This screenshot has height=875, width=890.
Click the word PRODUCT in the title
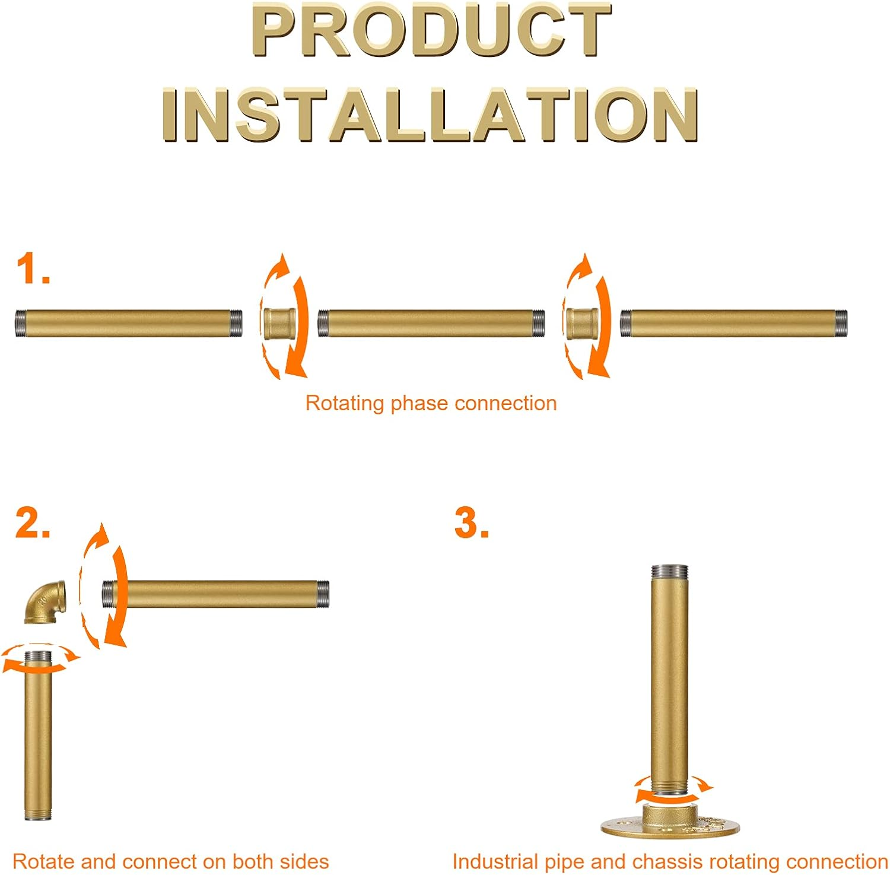tap(431, 31)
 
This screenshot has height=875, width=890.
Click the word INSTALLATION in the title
tap(430, 115)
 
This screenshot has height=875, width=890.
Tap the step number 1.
tap(32, 268)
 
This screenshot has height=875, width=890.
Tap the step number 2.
tap(32, 524)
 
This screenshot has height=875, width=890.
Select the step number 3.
tap(471, 524)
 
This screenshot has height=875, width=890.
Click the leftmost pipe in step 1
tap(129, 324)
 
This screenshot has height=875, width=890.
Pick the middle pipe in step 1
tap(431, 324)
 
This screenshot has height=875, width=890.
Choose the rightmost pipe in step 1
tap(734, 324)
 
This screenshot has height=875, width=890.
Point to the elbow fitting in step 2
tap(45, 601)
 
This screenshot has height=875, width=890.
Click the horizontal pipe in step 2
tap(216, 594)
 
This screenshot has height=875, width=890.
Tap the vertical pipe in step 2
tap(38, 736)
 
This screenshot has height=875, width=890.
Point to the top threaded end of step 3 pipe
tap(670, 572)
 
